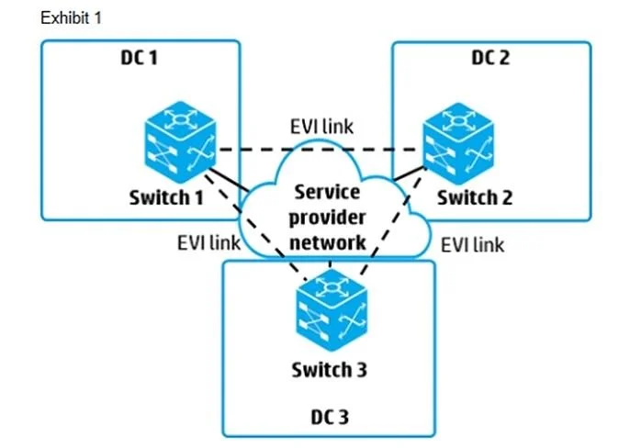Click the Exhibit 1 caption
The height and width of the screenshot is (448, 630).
tap(71, 18)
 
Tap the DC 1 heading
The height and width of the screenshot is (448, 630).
tap(139, 58)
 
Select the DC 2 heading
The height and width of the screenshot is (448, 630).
tap(490, 58)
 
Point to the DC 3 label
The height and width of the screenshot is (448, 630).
tap(330, 417)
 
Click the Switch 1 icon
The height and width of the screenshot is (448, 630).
tap(180, 141)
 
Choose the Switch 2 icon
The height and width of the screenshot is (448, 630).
tap(458, 143)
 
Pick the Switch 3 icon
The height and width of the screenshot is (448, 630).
tap(332, 309)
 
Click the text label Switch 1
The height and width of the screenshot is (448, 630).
tap(166, 197)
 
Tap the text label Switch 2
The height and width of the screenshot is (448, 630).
tap(475, 197)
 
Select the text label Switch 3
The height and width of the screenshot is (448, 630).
tap(329, 370)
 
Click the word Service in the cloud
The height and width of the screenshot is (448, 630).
tap(327, 192)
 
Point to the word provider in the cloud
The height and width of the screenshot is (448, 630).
tap(327, 218)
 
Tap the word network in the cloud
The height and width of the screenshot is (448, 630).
tap(328, 242)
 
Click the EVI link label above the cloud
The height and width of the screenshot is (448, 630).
tap(321, 127)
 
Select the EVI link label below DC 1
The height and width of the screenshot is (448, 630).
tap(209, 242)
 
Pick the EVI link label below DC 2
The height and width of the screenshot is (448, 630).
tap(472, 245)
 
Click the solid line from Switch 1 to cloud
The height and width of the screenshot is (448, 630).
tap(230, 180)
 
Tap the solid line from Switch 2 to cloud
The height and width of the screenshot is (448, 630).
tap(410, 174)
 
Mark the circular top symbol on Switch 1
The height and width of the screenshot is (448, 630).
tap(180, 119)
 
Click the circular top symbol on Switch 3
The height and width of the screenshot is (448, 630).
tap(332, 287)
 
